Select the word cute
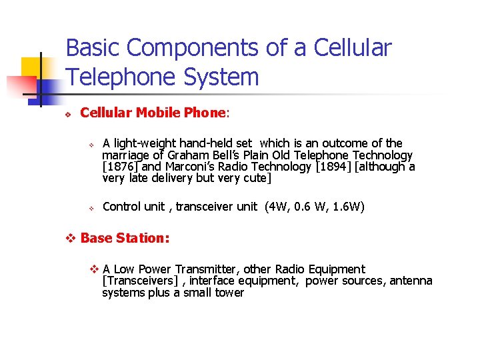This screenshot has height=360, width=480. point(256,178)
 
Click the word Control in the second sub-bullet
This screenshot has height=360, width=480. point(121,207)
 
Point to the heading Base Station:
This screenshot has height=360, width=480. point(125,238)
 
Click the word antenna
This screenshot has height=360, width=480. point(412,281)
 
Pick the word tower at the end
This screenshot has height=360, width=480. point(230,293)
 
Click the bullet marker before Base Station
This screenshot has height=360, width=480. point(73,239)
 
